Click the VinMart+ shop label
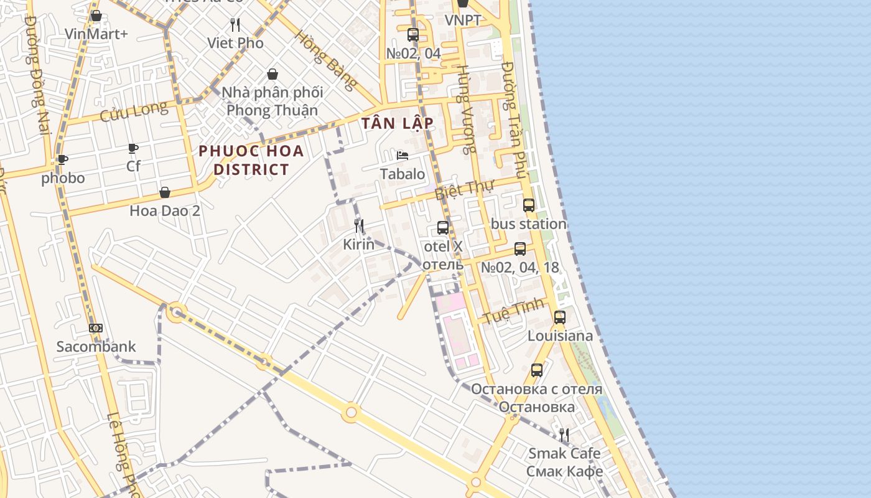click(x=96, y=33)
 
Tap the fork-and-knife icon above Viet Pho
click(x=235, y=25)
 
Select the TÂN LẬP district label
click(x=397, y=123)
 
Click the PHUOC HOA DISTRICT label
click(x=251, y=160)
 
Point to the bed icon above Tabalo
click(x=403, y=156)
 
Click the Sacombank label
click(x=96, y=347)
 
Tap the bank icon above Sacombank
click(x=96, y=328)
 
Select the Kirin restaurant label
click(x=359, y=244)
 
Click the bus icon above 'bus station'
click(x=529, y=205)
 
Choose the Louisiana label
click(x=560, y=336)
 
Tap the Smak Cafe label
click(x=564, y=453)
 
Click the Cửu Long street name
click(x=134, y=111)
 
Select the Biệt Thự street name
click(x=464, y=189)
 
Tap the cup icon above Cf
click(x=133, y=148)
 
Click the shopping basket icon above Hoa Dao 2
click(x=165, y=192)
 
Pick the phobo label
click(x=63, y=178)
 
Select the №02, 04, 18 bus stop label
click(x=520, y=268)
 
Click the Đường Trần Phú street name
click(x=515, y=118)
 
